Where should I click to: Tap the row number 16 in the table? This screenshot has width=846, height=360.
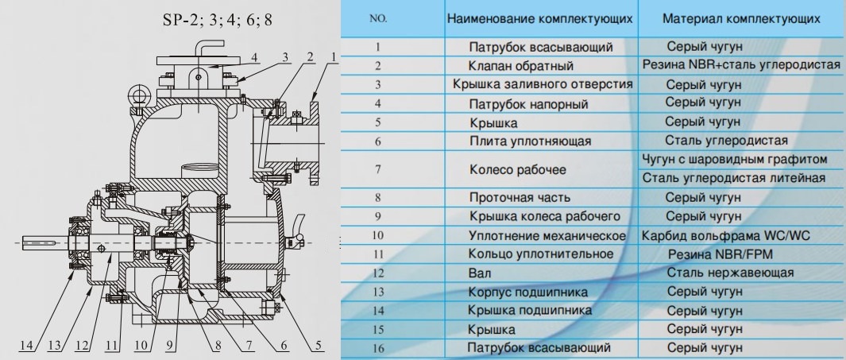[378, 348]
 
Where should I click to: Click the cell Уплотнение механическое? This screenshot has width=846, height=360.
[542, 235]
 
